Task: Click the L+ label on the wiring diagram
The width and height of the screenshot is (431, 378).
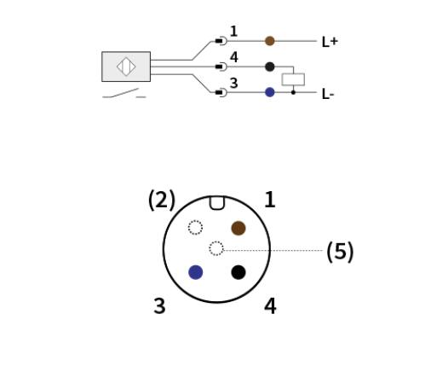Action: (x=330, y=42)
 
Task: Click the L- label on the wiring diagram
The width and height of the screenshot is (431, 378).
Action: (x=328, y=94)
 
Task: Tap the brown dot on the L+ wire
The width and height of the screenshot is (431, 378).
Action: (x=270, y=41)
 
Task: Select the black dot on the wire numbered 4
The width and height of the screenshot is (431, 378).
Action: (x=270, y=67)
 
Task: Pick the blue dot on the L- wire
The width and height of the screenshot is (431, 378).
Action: (x=270, y=92)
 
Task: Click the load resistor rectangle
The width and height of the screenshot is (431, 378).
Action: (x=293, y=79)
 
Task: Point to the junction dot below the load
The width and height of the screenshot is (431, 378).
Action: (x=293, y=92)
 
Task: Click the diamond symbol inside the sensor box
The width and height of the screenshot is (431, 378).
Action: (x=126, y=67)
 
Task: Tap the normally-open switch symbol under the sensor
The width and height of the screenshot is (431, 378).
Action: (x=124, y=93)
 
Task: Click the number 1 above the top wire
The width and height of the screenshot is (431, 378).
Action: (x=233, y=32)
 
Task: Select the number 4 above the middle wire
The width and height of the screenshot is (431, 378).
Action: (x=234, y=57)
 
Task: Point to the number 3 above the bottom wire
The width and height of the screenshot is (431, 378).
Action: (x=233, y=83)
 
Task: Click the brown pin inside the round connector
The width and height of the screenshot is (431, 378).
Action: (x=238, y=228)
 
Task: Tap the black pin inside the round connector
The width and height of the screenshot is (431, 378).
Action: (x=238, y=272)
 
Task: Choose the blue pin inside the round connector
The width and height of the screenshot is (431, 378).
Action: (x=196, y=272)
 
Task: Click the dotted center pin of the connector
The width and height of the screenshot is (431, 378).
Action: (x=216, y=248)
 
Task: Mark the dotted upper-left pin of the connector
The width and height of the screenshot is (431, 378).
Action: (x=195, y=228)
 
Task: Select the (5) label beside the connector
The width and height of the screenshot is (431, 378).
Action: (x=340, y=252)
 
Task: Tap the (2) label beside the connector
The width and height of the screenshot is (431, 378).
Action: (x=162, y=201)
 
